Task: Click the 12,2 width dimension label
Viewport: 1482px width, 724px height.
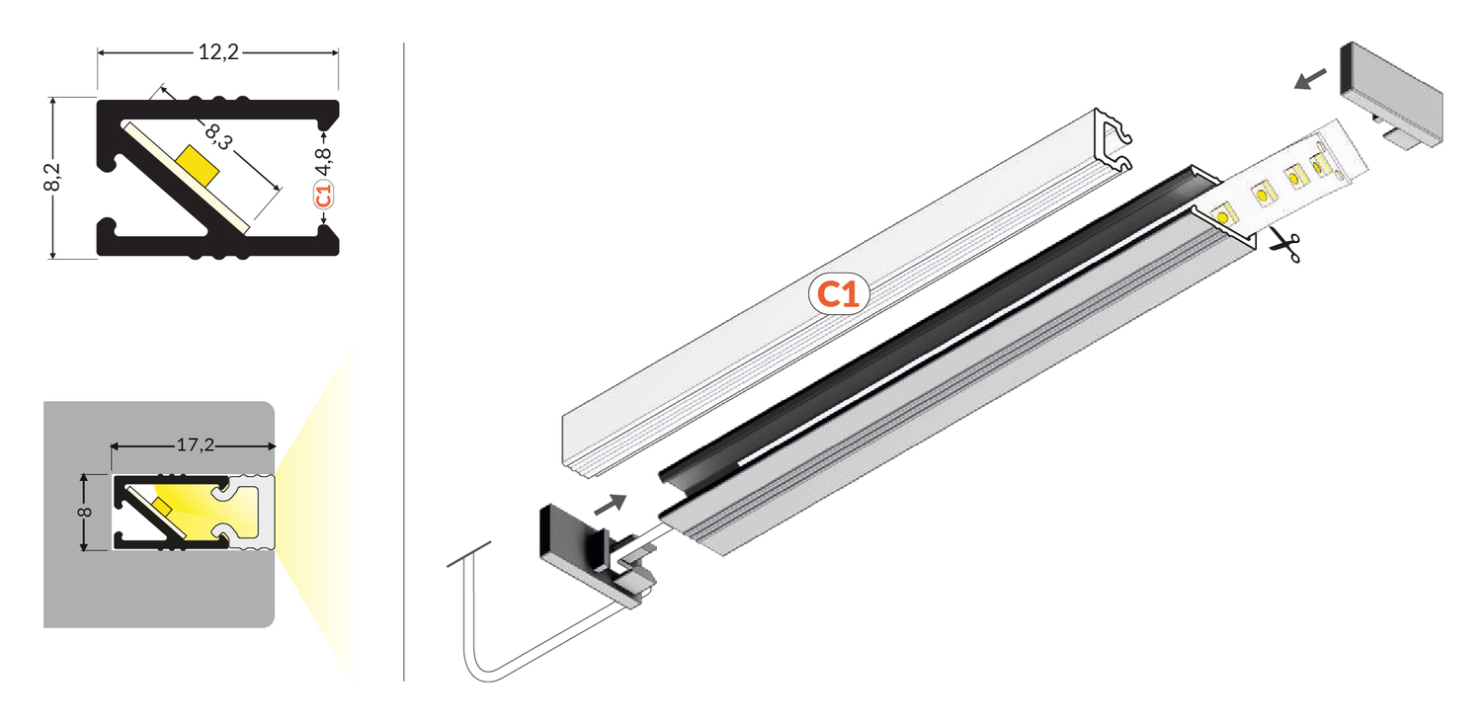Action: [x=218, y=51]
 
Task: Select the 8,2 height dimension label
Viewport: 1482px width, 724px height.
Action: [x=51, y=177]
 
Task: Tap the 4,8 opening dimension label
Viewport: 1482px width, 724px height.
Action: [x=323, y=161]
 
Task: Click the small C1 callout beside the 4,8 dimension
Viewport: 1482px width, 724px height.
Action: [x=323, y=196]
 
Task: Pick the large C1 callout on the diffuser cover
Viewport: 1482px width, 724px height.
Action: [x=838, y=294]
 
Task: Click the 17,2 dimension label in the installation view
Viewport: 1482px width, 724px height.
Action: [x=196, y=445]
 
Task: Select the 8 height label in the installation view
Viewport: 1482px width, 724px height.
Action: [x=84, y=512]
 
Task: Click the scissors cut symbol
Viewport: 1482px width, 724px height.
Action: [x=1284, y=246]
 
